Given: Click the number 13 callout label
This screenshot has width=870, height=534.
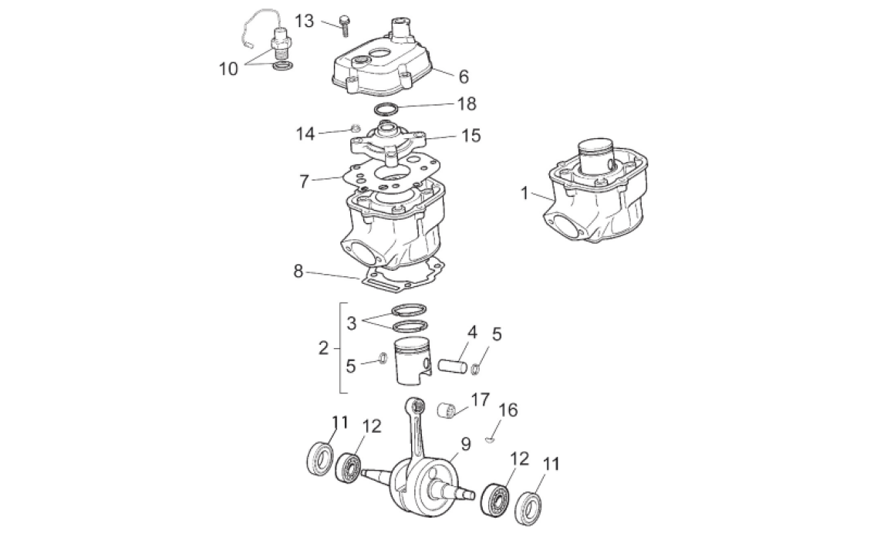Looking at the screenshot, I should tap(305, 20).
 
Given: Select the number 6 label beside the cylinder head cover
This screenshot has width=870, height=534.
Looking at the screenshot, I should tap(463, 76).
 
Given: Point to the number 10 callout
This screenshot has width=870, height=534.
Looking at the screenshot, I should tap(229, 69).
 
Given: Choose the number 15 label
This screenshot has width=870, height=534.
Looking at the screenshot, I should tap(470, 136).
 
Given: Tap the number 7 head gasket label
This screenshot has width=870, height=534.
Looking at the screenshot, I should tap(304, 181).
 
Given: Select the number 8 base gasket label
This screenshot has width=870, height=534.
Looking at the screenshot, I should tap(298, 271).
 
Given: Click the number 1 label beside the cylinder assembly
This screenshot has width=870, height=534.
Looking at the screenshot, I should tap(524, 193).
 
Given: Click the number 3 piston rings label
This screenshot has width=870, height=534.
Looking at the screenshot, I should tap(351, 323).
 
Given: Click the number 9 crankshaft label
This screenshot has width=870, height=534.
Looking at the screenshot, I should tap(465, 444).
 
